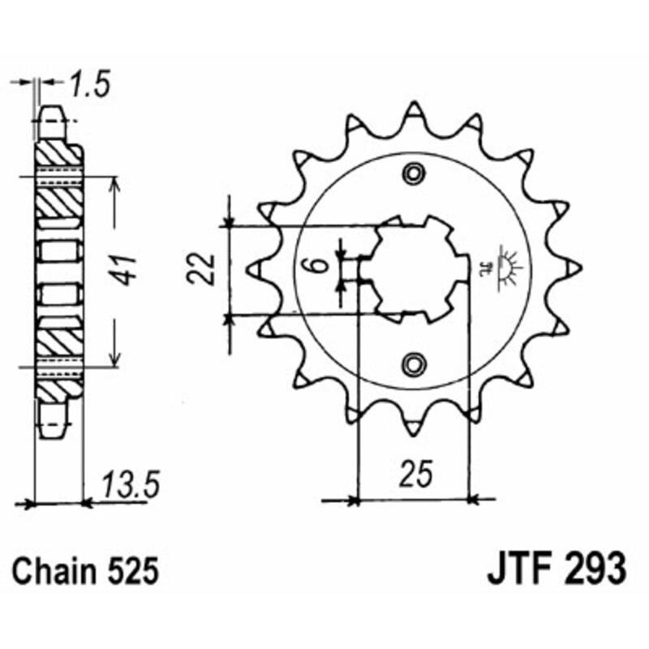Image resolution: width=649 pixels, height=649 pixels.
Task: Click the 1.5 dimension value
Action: pos(90,83)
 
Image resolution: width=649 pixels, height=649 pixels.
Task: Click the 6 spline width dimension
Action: pos(320,265)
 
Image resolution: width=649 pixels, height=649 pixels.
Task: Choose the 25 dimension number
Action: pos(414,474)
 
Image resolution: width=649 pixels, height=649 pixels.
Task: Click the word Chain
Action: pos(57,571)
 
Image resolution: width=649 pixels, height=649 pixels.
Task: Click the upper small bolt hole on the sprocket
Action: pos(415,173)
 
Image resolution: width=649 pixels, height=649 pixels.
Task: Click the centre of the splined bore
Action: pos(415,267)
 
